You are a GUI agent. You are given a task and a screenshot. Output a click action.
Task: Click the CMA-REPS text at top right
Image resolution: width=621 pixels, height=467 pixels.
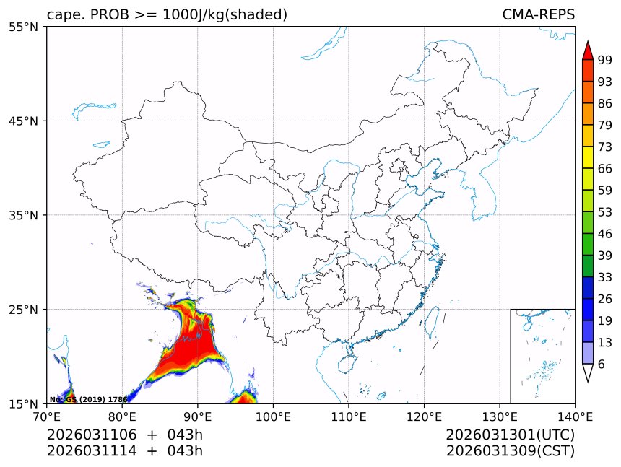(x=538, y=15)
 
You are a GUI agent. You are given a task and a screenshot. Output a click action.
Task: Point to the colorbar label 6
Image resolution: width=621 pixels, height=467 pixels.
(x=602, y=365)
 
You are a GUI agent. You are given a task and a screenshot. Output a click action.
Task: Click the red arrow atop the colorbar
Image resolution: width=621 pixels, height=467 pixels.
(x=588, y=50)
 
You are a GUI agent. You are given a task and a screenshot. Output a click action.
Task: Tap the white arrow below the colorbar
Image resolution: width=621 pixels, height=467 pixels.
(x=588, y=372)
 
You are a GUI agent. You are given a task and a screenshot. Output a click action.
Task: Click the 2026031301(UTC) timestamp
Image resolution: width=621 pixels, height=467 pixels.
(x=510, y=435)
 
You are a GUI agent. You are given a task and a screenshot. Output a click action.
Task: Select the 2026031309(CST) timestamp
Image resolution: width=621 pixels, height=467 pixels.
(x=510, y=451)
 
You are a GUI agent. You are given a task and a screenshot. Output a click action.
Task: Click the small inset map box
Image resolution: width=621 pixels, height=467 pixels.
(x=542, y=356)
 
